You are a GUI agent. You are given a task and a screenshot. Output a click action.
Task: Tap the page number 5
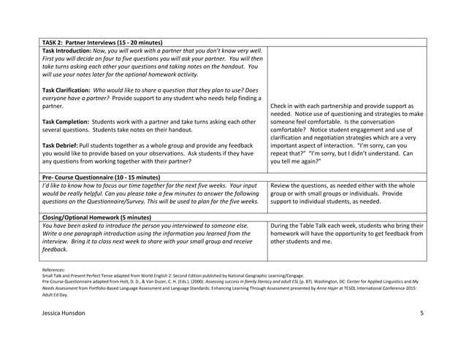pyautogui.click(x=421, y=313)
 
